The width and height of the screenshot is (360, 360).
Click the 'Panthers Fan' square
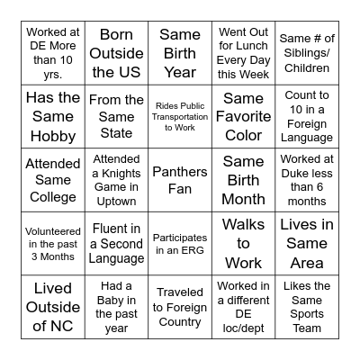[x=180, y=180]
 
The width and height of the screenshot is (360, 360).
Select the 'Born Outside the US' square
[x=116, y=53]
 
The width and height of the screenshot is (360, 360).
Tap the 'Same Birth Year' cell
[x=180, y=53]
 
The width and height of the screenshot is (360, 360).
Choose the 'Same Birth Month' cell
[x=243, y=180]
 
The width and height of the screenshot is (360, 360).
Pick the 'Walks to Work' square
[x=243, y=243]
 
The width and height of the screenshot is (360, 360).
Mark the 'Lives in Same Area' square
[x=307, y=243]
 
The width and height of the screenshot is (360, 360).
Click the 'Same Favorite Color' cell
[x=243, y=116]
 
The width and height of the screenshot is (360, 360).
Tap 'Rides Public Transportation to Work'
[x=180, y=116]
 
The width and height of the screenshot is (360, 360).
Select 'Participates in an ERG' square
[x=180, y=243]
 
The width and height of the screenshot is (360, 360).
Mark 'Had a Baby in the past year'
[x=116, y=307]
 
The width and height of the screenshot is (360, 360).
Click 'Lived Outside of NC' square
[x=53, y=307]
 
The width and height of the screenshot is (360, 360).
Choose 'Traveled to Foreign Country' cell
[x=180, y=307]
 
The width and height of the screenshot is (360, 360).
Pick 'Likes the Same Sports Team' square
[x=307, y=307]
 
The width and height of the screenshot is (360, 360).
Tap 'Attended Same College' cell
[x=53, y=180]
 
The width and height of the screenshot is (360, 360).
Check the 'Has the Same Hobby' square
[x=53, y=116]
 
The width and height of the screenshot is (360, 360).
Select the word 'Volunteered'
[x=53, y=230]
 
